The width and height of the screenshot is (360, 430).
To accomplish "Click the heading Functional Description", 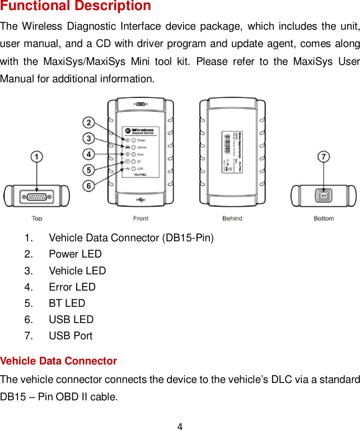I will point(76,7).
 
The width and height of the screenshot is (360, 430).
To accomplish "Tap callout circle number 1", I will point(36,158).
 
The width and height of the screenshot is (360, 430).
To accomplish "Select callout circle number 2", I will point(89,123).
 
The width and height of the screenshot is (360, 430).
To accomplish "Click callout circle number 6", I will point(89,185).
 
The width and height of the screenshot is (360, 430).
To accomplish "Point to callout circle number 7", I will point(324,158).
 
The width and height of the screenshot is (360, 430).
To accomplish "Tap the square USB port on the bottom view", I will point(323,197).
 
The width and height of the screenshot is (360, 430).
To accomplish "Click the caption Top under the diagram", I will point(36,218).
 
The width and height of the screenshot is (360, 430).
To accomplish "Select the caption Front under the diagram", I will point(141,218).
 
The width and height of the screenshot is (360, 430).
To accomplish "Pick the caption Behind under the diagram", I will point(232,218).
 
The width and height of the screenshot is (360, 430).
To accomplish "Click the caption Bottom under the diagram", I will point(324,218).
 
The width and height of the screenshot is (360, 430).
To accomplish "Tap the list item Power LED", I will point(75,254).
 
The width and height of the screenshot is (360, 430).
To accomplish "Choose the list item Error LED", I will point(72,287).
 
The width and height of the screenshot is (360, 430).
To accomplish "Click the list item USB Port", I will point(71,336).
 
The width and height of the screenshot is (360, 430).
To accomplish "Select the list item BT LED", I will point(67,303).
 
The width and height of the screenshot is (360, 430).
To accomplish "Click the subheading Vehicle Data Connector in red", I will point(59,361).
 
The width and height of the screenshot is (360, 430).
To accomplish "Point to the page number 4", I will point(180,427).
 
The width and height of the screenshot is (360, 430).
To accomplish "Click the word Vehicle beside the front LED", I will point(142,147).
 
